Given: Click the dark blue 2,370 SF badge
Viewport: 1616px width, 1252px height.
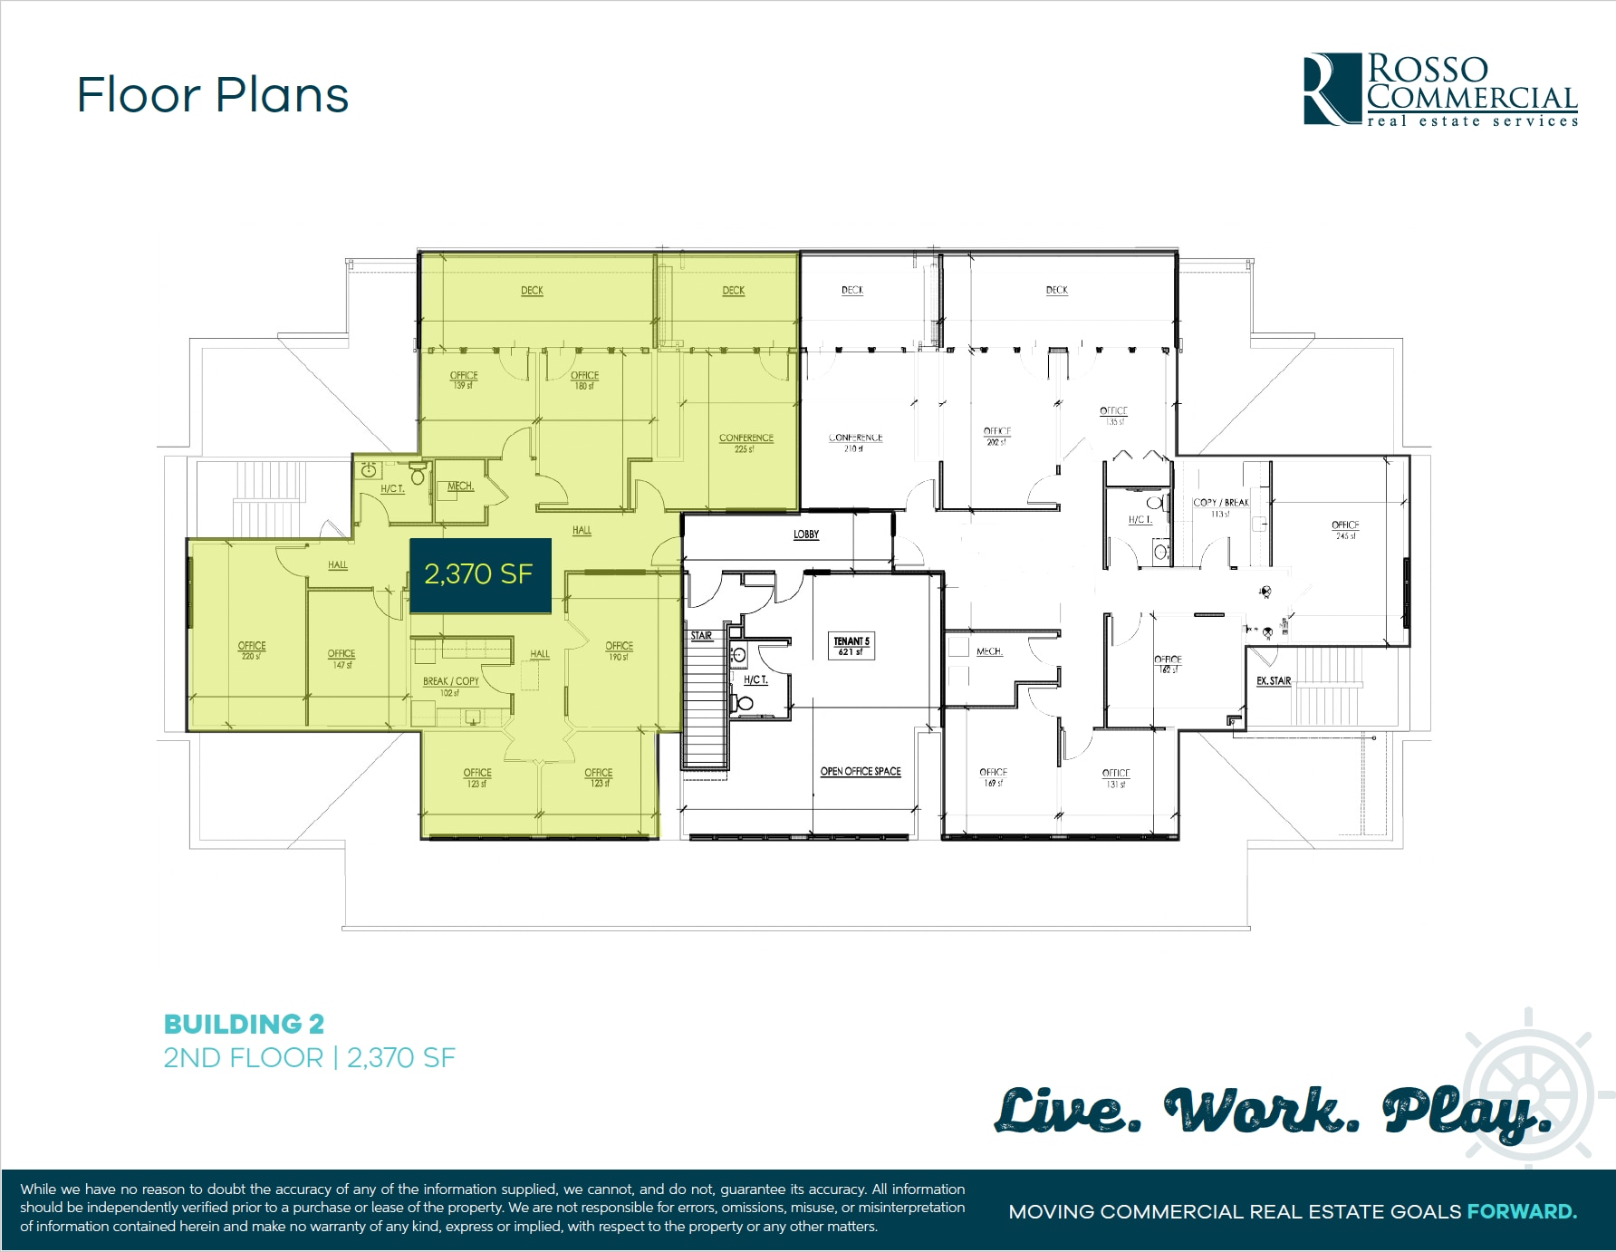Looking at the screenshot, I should [480, 574].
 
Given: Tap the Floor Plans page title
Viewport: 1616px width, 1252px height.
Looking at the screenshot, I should [213, 95].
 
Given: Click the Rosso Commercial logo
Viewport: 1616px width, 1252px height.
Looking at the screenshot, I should [1440, 89].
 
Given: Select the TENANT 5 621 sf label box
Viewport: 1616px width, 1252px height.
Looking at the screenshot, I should [851, 646].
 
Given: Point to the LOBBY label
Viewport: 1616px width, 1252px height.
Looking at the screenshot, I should [806, 535].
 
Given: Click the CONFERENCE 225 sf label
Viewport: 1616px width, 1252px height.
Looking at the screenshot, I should [746, 443].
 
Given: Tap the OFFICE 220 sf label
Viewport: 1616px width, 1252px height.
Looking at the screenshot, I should [252, 650].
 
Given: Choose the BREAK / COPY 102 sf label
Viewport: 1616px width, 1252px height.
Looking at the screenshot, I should [450, 687].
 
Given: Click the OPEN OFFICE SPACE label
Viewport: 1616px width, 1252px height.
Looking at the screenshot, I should [861, 772].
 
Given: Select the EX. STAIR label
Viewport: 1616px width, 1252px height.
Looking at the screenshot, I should [1274, 680].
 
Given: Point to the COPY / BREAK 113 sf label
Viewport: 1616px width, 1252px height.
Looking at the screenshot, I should [1221, 507].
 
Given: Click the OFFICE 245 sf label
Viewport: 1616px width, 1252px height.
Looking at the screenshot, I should [1345, 530].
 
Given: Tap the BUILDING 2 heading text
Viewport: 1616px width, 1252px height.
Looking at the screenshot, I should [244, 1024].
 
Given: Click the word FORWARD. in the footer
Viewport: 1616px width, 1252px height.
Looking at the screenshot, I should [1522, 1211].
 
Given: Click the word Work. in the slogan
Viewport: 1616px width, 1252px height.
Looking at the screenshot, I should [1261, 1111].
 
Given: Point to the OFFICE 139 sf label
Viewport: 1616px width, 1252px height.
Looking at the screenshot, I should [464, 380].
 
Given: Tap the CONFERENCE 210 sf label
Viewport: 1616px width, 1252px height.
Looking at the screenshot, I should [855, 442].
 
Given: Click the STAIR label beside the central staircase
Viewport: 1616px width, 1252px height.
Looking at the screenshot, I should [701, 636].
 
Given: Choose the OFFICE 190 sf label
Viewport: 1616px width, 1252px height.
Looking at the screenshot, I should [619, 650].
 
